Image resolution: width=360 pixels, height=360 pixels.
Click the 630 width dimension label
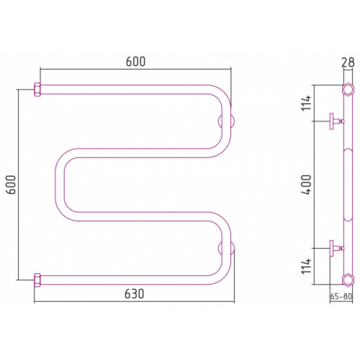tap(134, 294)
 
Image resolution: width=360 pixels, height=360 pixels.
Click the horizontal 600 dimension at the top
tap(136, 62)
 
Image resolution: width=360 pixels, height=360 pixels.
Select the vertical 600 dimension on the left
tap(11, 184)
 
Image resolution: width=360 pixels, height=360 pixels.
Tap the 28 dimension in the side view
tap(348, 63)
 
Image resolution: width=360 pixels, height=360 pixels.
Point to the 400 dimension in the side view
tap(306, 184)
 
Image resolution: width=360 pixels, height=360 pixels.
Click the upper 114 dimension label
tap(306, 103)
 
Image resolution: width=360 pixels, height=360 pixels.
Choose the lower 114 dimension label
tap(306, 266)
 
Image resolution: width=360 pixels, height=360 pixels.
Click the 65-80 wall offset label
tap(341, 297)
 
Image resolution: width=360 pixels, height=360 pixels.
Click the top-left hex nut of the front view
tap(37, 90)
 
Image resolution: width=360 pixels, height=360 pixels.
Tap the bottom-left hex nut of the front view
tap(37, 280)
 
